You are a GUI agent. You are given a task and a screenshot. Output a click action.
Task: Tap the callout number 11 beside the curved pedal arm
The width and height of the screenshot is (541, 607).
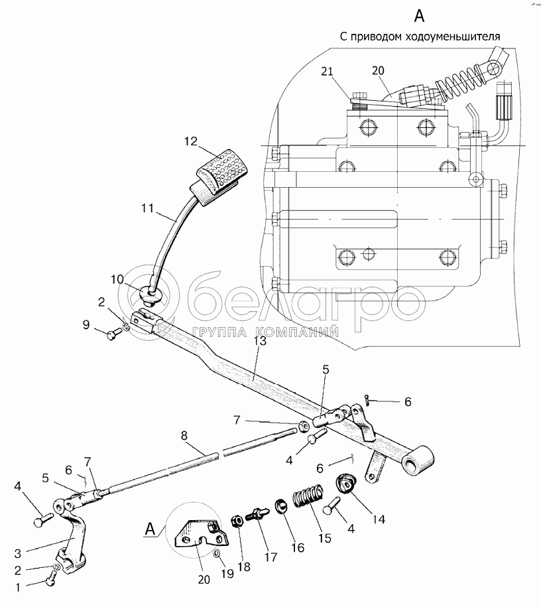[x=147, y=209]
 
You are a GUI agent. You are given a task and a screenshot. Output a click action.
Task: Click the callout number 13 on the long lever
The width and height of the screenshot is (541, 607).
[x=260, y=341]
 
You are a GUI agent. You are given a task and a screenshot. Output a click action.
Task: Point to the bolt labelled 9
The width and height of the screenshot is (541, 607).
[x=113, y=334]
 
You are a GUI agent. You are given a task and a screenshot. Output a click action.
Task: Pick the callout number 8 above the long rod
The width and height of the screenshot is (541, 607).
[x=184, y=436]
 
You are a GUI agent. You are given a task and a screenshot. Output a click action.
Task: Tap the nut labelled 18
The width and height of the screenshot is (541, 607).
[x=237, y=521]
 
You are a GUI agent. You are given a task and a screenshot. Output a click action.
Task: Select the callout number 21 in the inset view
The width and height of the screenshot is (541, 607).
[x=327, y=72]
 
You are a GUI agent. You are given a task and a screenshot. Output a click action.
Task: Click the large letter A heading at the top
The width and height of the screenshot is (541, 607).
[x=419, y=17]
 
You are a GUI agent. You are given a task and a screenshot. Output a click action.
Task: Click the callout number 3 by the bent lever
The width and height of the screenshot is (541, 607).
[x=18, y=553]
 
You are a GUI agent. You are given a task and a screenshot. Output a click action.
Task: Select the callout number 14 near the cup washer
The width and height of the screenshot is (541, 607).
[x=378, y=519]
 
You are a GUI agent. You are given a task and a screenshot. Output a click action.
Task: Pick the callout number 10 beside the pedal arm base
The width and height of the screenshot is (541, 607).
[x=117, y=279]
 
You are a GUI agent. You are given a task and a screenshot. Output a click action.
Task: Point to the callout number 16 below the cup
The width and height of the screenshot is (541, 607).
[x=298, y=547]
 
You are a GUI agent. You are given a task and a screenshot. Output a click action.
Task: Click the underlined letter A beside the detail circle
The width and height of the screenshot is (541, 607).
[x=150, y=529]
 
